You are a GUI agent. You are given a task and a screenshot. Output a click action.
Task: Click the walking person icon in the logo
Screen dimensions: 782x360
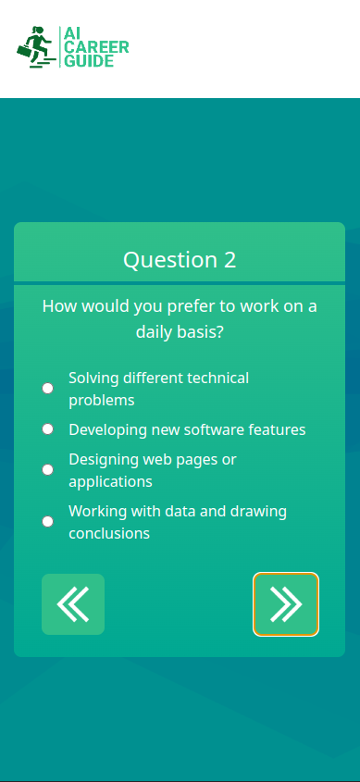pyautogui.click(x=35, y=47)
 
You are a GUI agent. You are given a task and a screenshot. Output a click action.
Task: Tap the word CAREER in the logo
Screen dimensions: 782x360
pyautogui.click(x=95, y=47)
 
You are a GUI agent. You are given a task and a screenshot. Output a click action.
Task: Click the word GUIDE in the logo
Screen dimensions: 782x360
pyautogui.click(x=89, y=61)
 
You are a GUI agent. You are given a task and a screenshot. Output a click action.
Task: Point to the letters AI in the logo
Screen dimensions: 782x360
pyautogui.click(x=71, y=33)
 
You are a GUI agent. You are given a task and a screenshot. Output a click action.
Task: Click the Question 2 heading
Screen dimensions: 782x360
pyautogui.click(x=180, y=260)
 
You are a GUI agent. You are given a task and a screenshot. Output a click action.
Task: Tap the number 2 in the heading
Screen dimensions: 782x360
pyautogui.click(x=230, y=260)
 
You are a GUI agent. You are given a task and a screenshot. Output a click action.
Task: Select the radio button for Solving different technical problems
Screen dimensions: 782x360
pyautogui.click(x=48, y=389)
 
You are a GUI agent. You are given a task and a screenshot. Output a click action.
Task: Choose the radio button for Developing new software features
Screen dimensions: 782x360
pyautogui.click(x=48, y=429)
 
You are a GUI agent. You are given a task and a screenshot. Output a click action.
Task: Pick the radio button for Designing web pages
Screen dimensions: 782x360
pyautogui.click(x=48, y=470)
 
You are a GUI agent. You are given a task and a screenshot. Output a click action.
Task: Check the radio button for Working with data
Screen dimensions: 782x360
pyautogui.click(x=48, y=522)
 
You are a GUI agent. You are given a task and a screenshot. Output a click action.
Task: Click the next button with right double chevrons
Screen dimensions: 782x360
pyautogui.click(x=286, y=604)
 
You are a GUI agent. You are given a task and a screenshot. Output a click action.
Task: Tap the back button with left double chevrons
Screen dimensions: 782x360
pyautogui.click(x=73, y=604)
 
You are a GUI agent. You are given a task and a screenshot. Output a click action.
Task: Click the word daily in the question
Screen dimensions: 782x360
pyautogui.click(x=160, y=331)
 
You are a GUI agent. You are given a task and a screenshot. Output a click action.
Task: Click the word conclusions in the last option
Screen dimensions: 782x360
pyautogui.click(x=109, y=533)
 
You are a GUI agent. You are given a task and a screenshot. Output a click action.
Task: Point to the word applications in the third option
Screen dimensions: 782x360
pyautogui.click(x=110, y=481)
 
